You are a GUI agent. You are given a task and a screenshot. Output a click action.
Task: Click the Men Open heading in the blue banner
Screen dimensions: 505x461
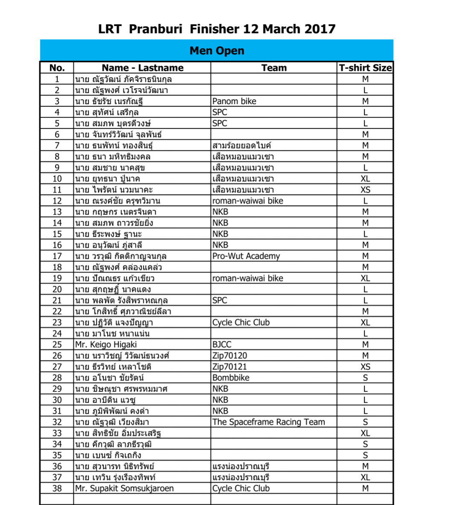point(217,51)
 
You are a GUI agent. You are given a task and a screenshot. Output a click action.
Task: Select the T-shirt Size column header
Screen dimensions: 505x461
point(365,68)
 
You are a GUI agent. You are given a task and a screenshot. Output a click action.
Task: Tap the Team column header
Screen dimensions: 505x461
point(274,68)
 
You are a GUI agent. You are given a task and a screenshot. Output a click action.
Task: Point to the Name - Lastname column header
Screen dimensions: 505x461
point(142,68)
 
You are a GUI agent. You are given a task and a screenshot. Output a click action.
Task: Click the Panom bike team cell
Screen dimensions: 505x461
point(234,101)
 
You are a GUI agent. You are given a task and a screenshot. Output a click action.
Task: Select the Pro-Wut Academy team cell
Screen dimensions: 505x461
point(246,256)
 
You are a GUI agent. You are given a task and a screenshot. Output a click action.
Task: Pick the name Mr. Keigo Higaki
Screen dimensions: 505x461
point(106,345)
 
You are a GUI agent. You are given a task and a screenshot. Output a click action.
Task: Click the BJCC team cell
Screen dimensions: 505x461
point(222,345)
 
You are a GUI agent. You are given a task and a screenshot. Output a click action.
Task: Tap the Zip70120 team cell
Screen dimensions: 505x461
point(230,356)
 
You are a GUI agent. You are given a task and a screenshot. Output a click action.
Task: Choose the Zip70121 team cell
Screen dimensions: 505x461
point(230,367)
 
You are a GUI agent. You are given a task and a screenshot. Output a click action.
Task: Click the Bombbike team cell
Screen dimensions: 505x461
point(231,378)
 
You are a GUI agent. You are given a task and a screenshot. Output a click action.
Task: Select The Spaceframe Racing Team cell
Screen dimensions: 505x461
point(268,422)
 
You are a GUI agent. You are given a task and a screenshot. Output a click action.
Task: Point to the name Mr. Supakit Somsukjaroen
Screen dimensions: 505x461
point(124,488)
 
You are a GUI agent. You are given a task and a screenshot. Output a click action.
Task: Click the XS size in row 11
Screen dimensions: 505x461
point(365,190)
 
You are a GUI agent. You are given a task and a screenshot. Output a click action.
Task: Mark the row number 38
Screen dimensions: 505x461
point(57,488)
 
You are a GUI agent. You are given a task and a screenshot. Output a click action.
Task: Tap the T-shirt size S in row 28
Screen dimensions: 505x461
point(365,378)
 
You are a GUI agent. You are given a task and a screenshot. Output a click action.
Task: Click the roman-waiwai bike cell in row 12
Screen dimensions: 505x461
point(248,201)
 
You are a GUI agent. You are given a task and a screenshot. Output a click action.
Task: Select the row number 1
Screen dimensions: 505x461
point(57,79)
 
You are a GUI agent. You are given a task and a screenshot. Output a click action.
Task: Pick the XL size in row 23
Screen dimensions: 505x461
point(365,322)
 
